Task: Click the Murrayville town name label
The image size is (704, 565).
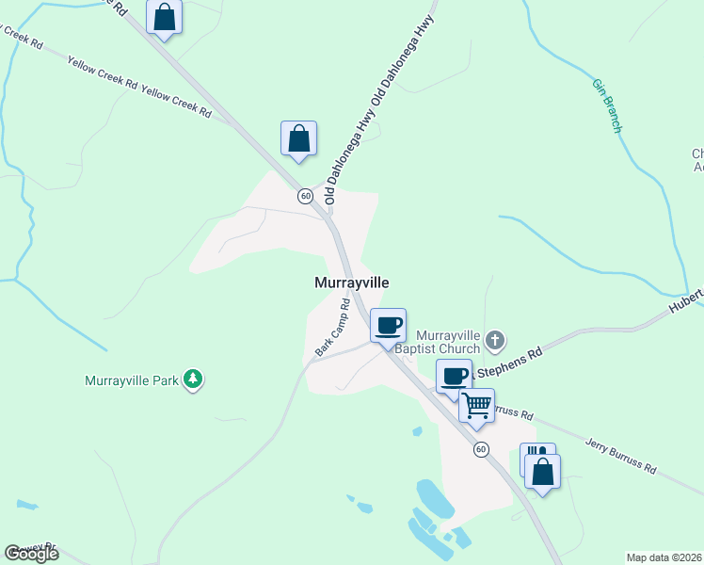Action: click(351, 282)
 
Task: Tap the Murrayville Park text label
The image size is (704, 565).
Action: click(131, 380)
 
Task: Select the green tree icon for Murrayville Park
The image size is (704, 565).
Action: click(193, 379)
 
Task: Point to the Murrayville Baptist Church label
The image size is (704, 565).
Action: click(448, 343)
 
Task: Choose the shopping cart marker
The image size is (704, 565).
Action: click(477, 406)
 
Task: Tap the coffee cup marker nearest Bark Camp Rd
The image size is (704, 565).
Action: click(389, 326)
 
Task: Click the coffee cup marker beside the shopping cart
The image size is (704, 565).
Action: click(454, 376)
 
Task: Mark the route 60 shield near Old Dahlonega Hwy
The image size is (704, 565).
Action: click(306, 196)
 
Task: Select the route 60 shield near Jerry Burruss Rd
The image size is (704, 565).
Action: click(481, 449)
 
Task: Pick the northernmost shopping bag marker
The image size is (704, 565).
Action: click(165, 17)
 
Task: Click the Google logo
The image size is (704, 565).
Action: click(30, 554)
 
